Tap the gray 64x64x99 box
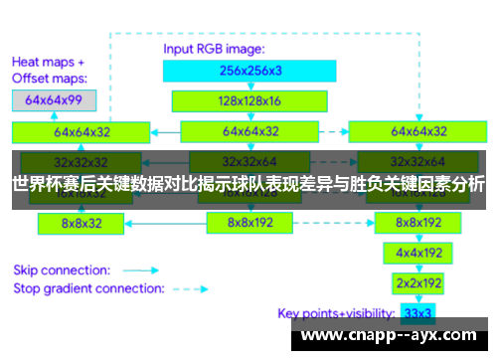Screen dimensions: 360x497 pyautogui.click(x=54, y=100)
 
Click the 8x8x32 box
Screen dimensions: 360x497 pyautogui.click(x=82, y=224)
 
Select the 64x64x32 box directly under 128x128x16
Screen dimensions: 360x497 pyautogui.click(x=249, y=131)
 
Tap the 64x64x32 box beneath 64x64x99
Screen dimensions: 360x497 pyautogui.click(x=82, y=131)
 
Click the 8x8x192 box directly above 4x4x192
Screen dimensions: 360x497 pyautogui.click(x=418, y=224)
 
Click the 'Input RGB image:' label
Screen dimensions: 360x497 pyautogui.click(x=212, y=47)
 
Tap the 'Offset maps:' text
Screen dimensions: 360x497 pyautogui.click(x=49, y=77)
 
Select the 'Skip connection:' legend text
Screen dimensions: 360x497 pyautogui.click(x=61, y=270)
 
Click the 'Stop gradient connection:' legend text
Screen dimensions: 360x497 pyautogui.click(x=88, y=288)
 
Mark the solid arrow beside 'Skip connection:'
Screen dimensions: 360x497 pyautogui.click(x=142, y=270)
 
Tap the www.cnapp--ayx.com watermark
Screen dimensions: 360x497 pyautogui.click(x=393, y=334)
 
